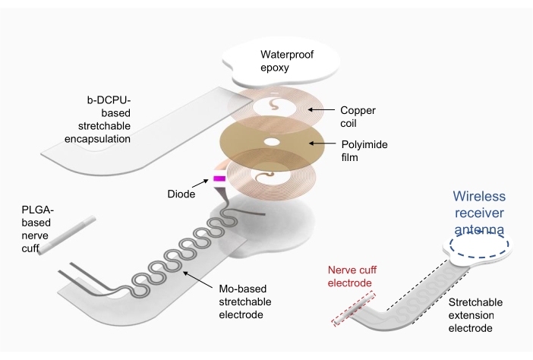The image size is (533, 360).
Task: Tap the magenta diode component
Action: point(219,179)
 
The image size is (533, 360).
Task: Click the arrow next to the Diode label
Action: point(200,183)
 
